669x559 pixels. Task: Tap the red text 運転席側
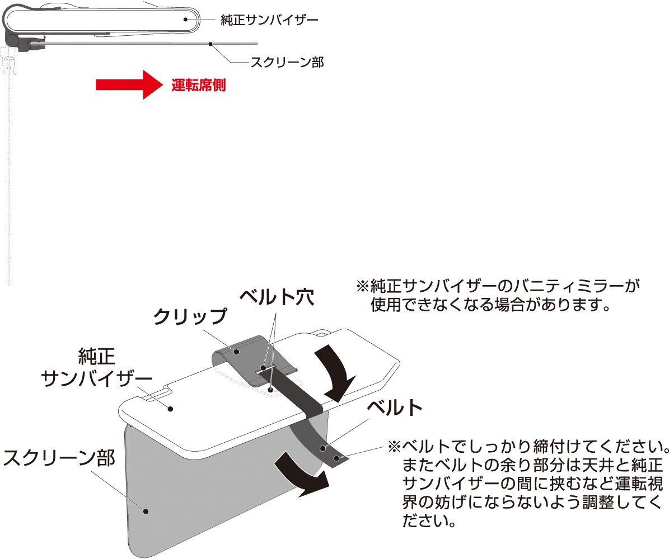tap(199, 86)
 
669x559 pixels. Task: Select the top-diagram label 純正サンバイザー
tap(269, 20)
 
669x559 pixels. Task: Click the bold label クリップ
tap(190, 316)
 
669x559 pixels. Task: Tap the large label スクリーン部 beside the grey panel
tap(58, 458)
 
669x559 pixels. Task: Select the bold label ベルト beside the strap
tap(394, 408)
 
